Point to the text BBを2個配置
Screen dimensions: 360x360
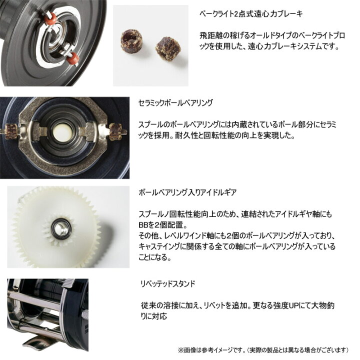point(157,224)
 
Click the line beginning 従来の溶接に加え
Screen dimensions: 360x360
point(231,305)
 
